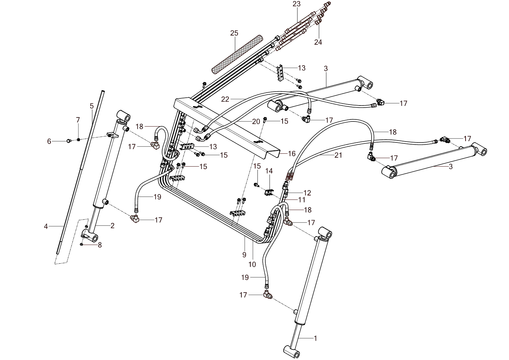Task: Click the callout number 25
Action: click(234, 33)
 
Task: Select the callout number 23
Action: click(297, 4)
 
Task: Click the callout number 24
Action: click(318, 42)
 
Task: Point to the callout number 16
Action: click(292, 154)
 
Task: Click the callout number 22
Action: click(225, 99)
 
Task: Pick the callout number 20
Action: click(256, 121)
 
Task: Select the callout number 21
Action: click(338, 155)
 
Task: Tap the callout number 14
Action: click(269, 171)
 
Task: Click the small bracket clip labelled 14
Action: click(269, 192)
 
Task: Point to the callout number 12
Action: click(307, 193)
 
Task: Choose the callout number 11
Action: click(302, 200)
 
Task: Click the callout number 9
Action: click(244, 255)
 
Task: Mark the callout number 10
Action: click(252, 264)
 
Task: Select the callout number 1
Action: click(315, 338)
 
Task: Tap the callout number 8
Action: click(100, 245)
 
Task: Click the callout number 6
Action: click(49, 141)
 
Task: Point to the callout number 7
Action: click(78, 120)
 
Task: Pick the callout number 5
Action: click(92, 106)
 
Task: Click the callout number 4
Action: click(46, 226)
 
